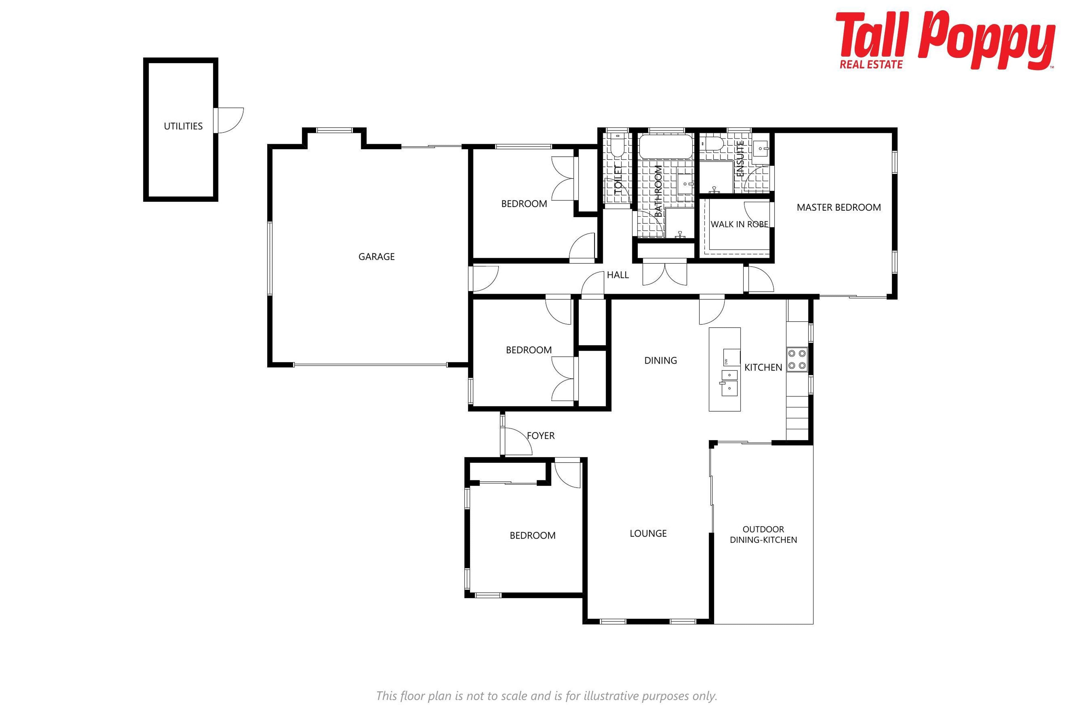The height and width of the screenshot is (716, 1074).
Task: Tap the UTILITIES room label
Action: coord(183,126)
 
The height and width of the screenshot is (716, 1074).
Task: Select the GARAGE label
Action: coord(376,257)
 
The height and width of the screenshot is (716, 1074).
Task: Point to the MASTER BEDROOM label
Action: coord(839,207)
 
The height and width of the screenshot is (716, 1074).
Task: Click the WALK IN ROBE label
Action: coord(739,224)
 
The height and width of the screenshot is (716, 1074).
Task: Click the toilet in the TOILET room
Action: coord(617,144)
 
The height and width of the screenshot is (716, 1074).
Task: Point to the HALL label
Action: coord(618,275)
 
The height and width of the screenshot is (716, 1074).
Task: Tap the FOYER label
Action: coord(541,436)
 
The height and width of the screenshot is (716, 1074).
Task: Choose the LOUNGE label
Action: coord(648,533)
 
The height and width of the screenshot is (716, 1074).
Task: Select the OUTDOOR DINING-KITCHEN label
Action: coord(764,534)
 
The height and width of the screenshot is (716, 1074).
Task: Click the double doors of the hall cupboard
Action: coord(665,273)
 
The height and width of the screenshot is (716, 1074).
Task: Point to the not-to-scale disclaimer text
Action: coord(547,696)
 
